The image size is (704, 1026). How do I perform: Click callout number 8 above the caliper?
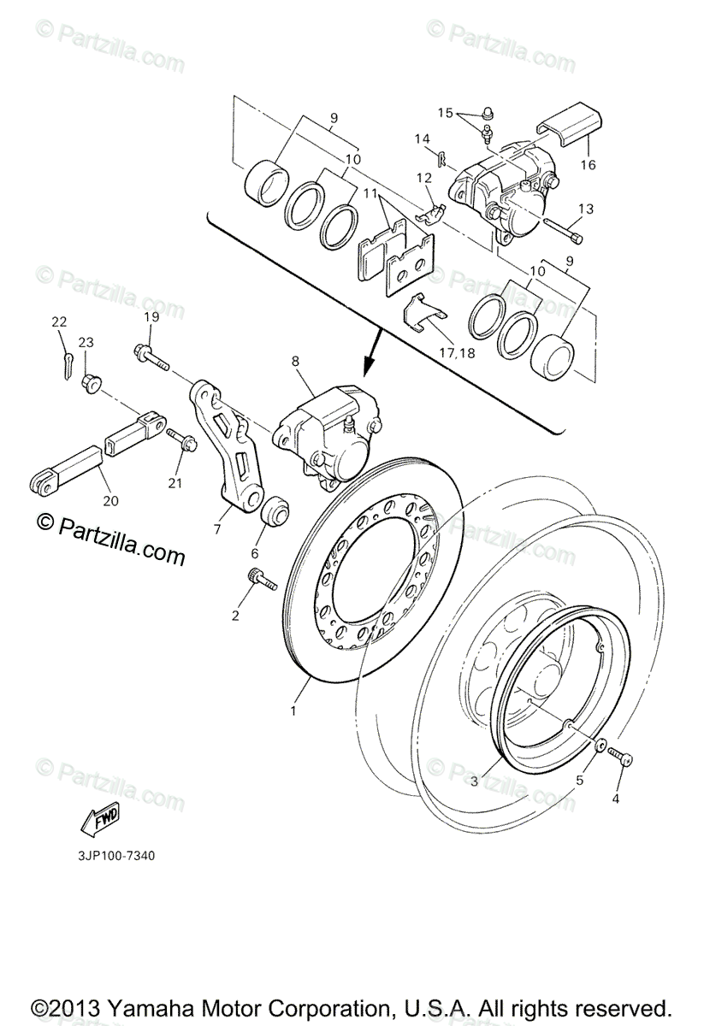tap(296, 361)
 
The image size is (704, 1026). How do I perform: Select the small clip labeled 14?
tap(441, 158)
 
